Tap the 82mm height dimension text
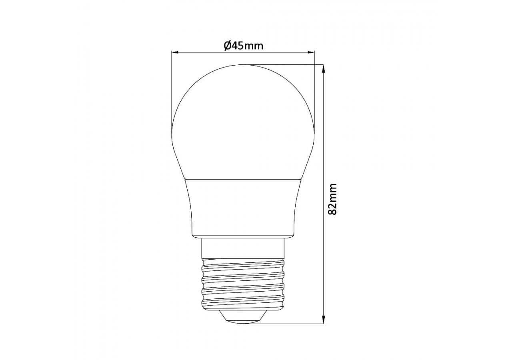click(x=332, y=199)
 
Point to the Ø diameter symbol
click(x=226, y=46)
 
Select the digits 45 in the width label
click(x=237, y=46)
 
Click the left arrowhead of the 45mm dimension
click(x=174, y=52)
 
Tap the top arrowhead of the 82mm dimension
click(x=323, y=68)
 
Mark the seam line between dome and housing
click(x=243, y=180)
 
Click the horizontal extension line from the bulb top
click(x=288, y=64)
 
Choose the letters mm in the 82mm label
click(x=332, y=191)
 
